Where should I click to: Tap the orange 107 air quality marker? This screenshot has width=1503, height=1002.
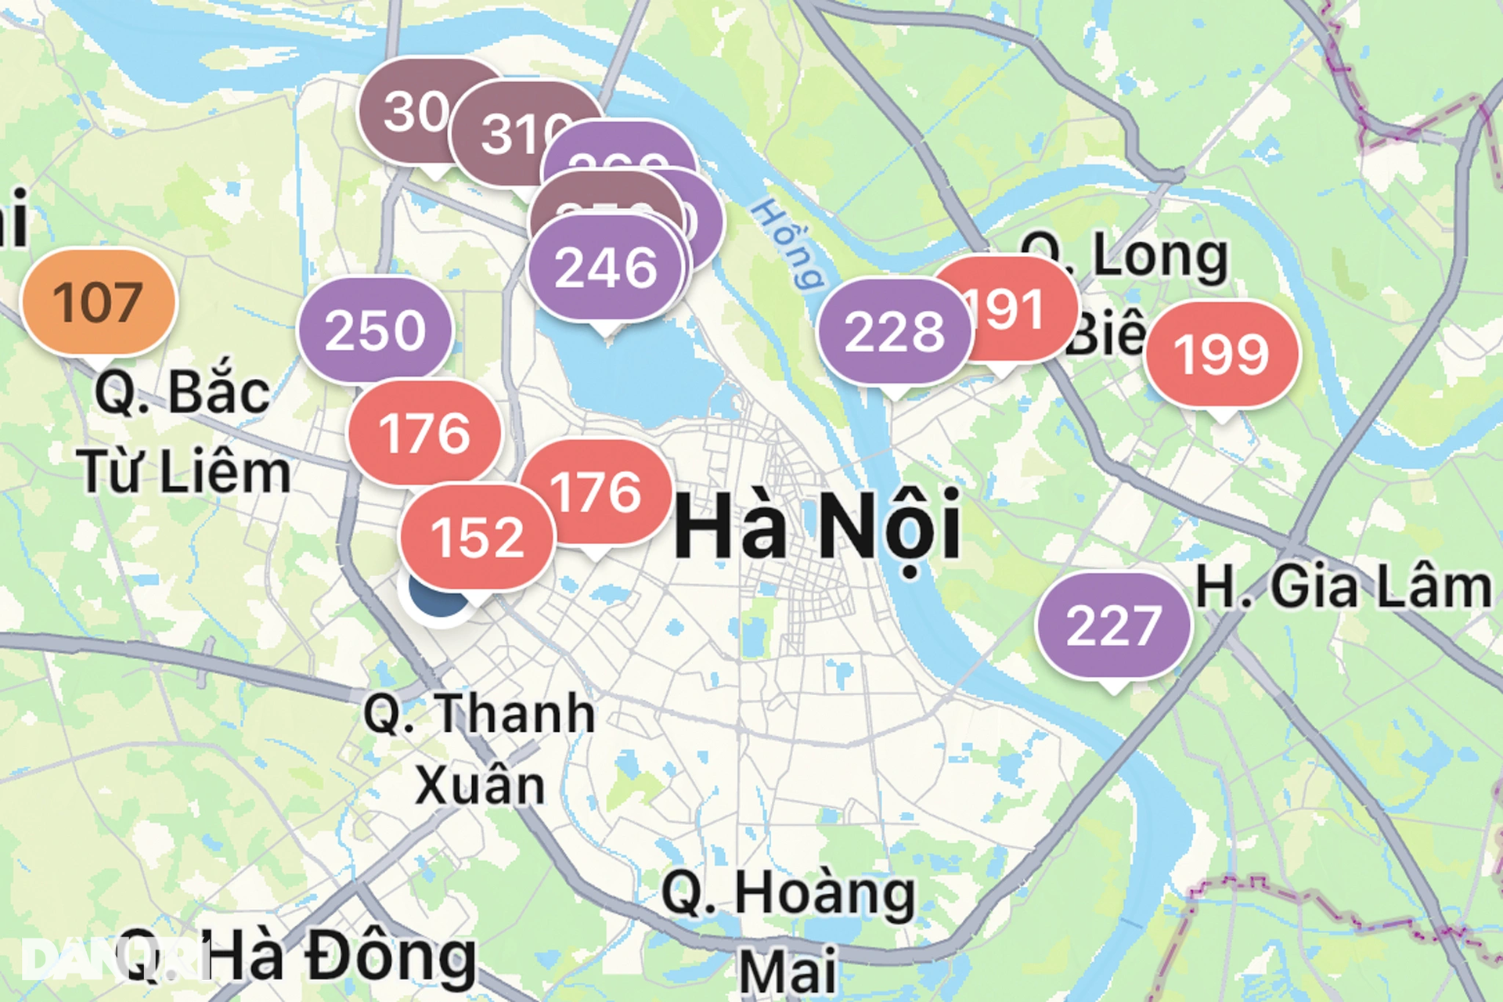tap(99, 302)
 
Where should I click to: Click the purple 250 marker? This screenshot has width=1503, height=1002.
tap(375, 330)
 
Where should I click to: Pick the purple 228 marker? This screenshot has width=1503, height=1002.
tap(894, 331)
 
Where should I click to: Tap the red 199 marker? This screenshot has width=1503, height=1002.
tap(1221, 355)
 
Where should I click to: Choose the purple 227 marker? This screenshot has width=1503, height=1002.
tap(1113, 625)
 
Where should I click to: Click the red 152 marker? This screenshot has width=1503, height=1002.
tap(477, 538)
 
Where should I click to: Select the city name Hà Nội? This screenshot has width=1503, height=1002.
tap(817, 525)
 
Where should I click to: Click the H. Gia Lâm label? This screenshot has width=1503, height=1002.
tap(1343, 587)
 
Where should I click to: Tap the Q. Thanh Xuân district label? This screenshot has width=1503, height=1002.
tap(479, 748)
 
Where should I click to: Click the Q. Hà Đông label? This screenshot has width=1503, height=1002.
tap(297, 957)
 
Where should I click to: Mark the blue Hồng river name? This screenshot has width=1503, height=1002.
tap(787, 243)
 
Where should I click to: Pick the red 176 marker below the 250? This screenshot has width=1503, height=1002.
tap(424, 433)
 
